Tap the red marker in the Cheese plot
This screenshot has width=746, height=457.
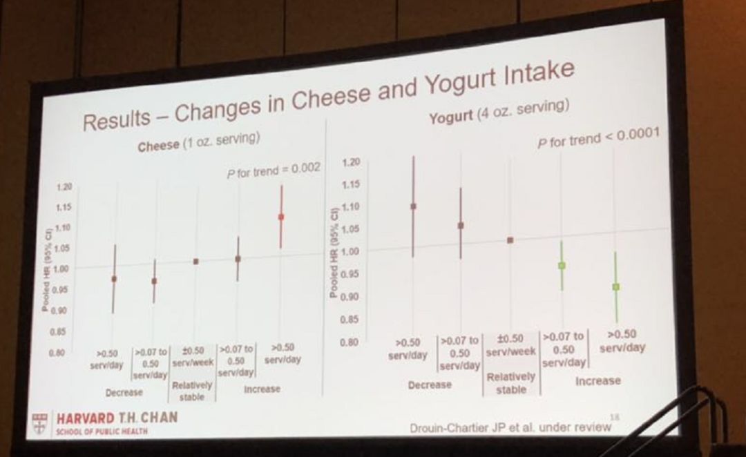(281, 217)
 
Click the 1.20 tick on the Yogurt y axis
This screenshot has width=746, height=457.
(352, 163)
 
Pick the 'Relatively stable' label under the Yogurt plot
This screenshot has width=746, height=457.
(510, 383)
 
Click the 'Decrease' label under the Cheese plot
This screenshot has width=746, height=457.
(124, 392)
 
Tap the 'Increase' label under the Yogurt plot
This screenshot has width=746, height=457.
(598, 380)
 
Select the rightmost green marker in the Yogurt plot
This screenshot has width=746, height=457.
(615, 286)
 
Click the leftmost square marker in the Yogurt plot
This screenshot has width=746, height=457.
(413, 206)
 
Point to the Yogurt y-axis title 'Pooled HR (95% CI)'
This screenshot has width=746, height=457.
(334, 252)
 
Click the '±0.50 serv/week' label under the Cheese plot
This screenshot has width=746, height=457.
(195, 357)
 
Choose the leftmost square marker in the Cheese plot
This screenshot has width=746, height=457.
(114, 279)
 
